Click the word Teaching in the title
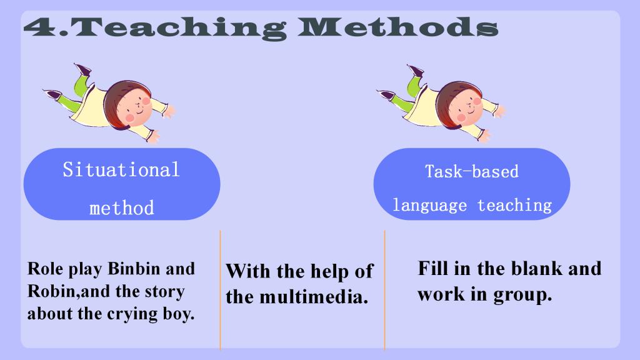point(179,27)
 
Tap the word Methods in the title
point(398,27)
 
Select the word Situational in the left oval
point(121,169)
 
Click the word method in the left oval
point(122,207)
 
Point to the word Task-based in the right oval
point(472,171)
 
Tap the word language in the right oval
point(429,205)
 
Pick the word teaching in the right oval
point(515,205)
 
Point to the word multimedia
point(314,297)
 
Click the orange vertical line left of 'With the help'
point(220,290)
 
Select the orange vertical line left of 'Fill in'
point(384,290)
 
